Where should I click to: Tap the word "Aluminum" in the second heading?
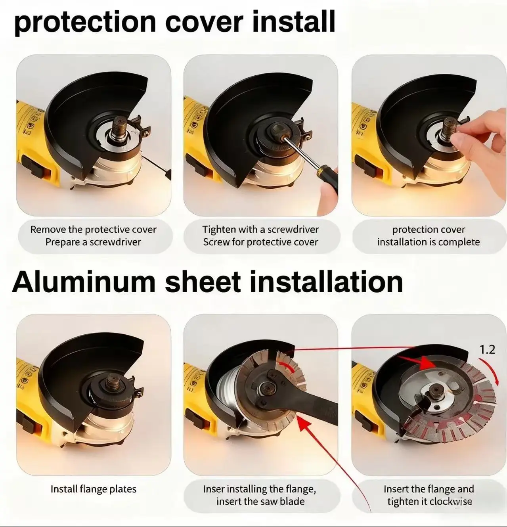[84, 282]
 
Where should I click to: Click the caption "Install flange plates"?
[94, 489]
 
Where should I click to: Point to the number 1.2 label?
[487, 350]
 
